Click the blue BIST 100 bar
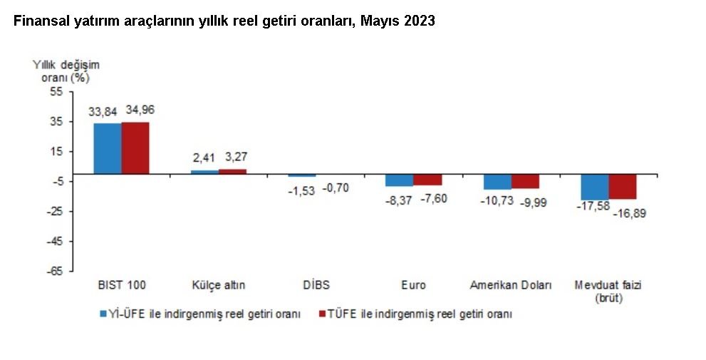(x=108, y=148)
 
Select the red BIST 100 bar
(x=135, y=148)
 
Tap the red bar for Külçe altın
(x=232, y=171)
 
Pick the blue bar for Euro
(x=400, y=180)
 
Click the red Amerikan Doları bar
(x=525, y=181)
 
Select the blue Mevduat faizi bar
(x=595, y=187)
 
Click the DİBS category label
(x=316, y=285)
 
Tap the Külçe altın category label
(x=219, y=285)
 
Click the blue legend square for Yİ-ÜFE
(x=103, y=314)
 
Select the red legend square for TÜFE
(x=321, y=314)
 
